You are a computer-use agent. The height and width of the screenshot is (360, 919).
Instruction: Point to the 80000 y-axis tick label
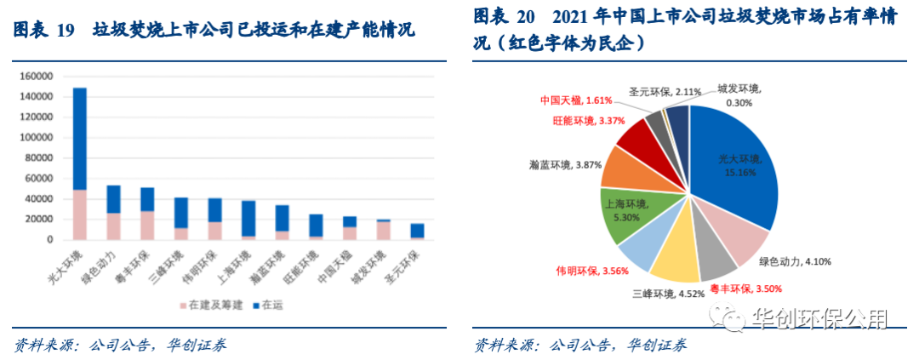pos(38,158)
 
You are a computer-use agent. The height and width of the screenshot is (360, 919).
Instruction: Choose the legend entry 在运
pos(271,304)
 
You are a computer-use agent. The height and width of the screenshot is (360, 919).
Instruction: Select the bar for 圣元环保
pos(417,231)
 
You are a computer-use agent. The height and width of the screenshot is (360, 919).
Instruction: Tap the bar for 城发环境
pos(383,230)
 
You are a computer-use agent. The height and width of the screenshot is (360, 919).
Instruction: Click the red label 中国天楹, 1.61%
pos(576,100)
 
